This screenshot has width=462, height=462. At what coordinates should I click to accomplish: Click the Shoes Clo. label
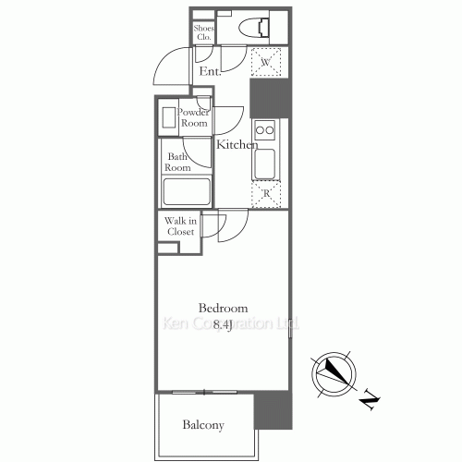[x=203, y=33]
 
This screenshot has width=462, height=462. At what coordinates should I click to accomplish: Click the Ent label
[x=209, y=70]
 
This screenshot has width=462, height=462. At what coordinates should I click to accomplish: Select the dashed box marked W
[x=265, y=63]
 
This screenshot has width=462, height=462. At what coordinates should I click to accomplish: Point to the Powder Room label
[x=193, y=117]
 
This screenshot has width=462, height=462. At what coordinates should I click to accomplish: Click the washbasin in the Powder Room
[x=169, y=118]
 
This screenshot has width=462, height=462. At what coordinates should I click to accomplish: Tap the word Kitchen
[x=237, y=145]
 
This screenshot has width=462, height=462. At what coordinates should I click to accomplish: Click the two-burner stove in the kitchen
[x=265, y=129]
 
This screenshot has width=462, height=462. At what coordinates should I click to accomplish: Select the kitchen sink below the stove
[x=265, y=163]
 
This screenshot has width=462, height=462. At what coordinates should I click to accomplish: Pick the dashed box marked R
[x=265, y=193]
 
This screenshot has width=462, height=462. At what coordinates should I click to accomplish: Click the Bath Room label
[x=177, y=163]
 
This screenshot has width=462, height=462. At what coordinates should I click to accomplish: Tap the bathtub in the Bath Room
[x=188, y=192]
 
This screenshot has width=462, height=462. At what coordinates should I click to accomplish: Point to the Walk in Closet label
[x=179, y=226]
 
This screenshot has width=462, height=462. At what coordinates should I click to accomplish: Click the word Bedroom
[x=223, y=308]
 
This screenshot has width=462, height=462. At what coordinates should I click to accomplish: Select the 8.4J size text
[x=223, y=324]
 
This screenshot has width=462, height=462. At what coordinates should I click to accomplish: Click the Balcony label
[x=203, y=425]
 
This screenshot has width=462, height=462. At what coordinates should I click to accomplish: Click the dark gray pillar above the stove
[x=270, y=98]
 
